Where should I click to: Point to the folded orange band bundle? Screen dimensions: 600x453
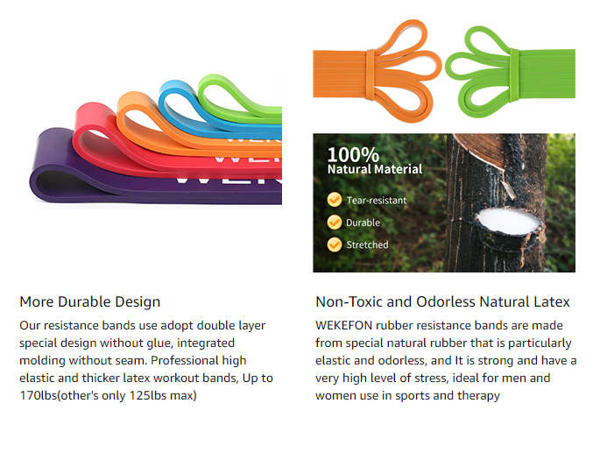click(377, 71)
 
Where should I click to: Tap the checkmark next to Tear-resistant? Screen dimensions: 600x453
click(335, 200)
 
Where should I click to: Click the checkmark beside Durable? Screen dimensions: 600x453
click(335, 222)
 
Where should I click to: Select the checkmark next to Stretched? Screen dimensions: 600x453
click(335, 244)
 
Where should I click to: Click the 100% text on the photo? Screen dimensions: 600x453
click(353, 154)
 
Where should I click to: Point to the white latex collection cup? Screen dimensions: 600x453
click(509, 222)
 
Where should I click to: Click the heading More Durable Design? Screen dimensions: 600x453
click(90, 301)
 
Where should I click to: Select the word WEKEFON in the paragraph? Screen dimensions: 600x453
click(343, 325)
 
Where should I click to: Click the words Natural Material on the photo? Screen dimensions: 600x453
click(375, 169)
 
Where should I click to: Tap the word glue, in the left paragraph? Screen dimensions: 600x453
click(159, 343)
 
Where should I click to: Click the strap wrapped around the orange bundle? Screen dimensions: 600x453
click(371, 74)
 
